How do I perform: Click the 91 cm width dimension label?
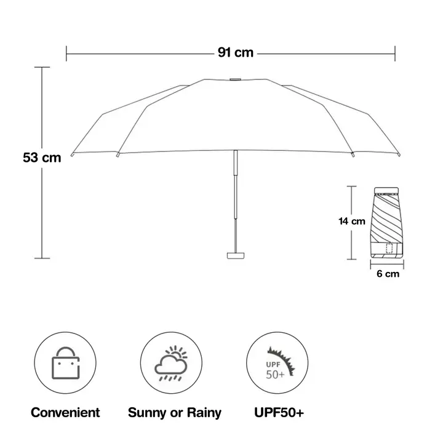pyautogui.click(x=235, y=53)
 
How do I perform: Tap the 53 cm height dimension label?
pyautogui.click(x=42, y=158)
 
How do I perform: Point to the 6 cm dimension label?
pyautogui.click(x=388, y=274)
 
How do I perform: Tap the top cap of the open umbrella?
pyautogui.click(x=235, y=79)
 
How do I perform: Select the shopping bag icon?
pyautogui.click(x=65, y=367)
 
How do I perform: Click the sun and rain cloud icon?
pyautogui.click(x=171, y=365)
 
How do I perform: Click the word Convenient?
pyautogui.click(x=65, y=412)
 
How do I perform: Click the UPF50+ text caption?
pyautogui.click(x=277, y=412)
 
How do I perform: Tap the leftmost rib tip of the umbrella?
pyautogui.click(x=72, y=154)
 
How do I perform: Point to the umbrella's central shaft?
pyautogui.click(x=235, y=191)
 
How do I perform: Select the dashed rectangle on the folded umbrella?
pyautogui.click(x=389, y=248)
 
